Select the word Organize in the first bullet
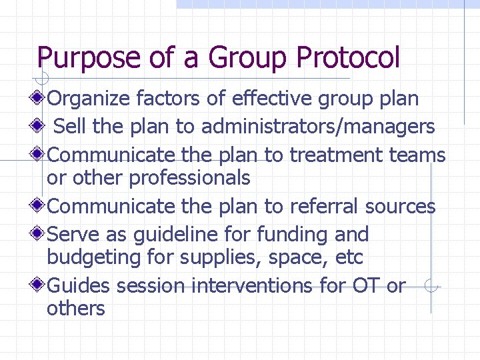89,99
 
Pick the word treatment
331,155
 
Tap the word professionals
189,178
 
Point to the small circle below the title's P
42,79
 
